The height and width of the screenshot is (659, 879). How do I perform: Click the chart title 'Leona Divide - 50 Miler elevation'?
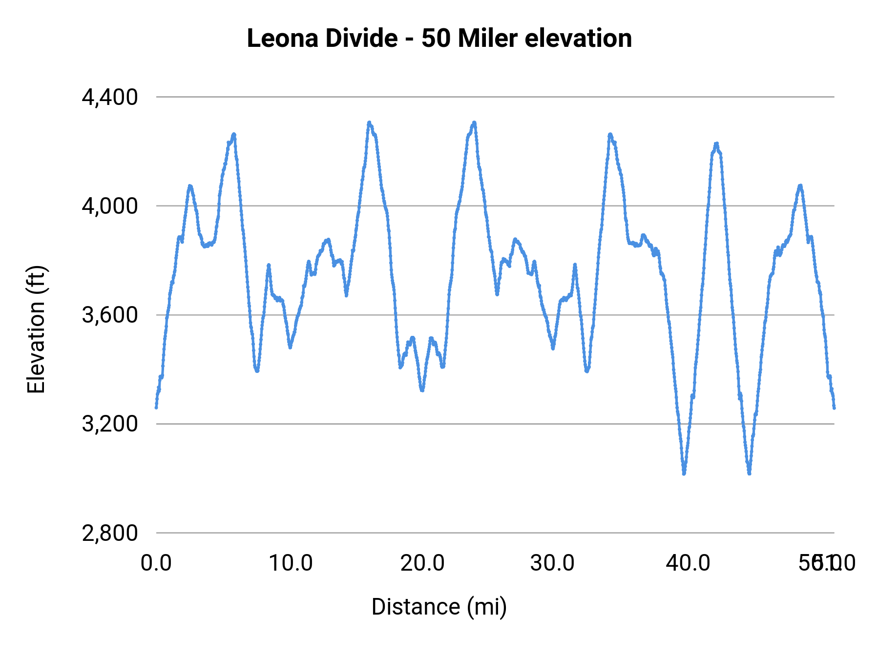439,39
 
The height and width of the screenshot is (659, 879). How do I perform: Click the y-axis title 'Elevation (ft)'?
36,329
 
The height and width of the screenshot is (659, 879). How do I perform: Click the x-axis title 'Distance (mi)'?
439,607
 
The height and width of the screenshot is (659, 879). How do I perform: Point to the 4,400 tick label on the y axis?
110,98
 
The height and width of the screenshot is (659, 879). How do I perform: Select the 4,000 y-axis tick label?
110,206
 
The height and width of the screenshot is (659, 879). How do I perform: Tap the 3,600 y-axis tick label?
110,315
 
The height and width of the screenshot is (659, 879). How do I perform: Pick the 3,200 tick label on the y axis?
110,424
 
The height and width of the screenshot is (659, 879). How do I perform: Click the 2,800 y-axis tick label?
110,533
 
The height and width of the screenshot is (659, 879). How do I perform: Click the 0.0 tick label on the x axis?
156,563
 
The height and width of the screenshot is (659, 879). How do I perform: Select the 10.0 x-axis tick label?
291,563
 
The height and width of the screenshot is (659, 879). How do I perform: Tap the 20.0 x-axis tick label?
422,563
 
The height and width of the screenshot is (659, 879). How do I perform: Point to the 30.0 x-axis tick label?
552,563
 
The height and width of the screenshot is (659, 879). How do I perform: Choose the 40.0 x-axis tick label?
688,563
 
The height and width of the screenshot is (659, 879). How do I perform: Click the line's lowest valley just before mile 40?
684,473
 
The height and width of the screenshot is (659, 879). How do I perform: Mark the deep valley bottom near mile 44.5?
749,473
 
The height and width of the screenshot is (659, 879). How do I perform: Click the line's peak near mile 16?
369,123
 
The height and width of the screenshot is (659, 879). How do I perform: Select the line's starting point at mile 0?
156,407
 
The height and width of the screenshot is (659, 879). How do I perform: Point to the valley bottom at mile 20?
422,390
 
